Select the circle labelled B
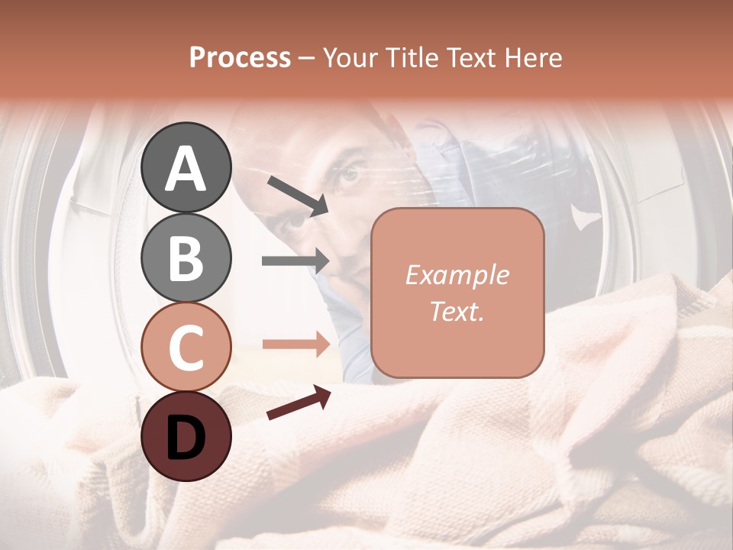[x=186, y=257]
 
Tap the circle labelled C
[x=186, y=347]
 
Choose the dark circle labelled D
[x=186, y=436]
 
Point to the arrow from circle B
[x=295, y=261]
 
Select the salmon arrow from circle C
[x=295, y=345]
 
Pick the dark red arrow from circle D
[x=299, y=403]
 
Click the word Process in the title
[x=240, y=57]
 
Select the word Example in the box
[x=457, y=275]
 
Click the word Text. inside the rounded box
[x=457, y=311]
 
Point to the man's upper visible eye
[x=350, y=174]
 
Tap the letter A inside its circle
[x=186, y=169]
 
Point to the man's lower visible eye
[x=292, y=222]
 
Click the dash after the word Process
[x=307, y=58]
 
